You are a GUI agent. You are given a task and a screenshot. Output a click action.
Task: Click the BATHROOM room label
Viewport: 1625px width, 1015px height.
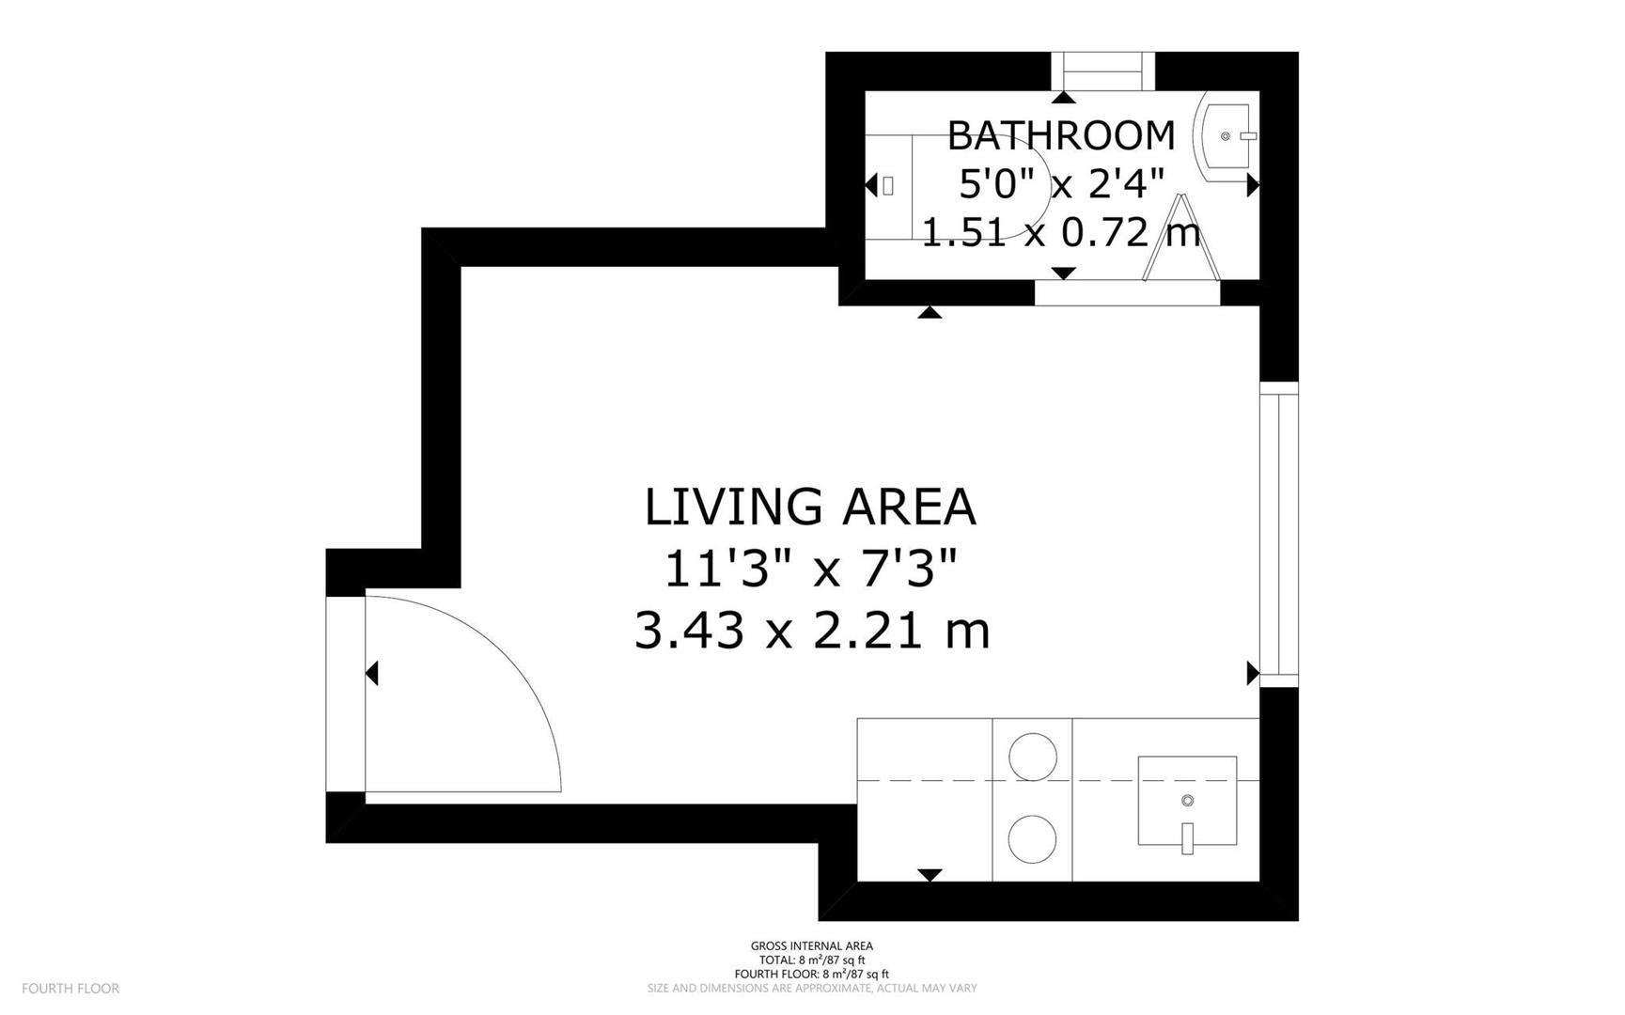(x=1061, y=135)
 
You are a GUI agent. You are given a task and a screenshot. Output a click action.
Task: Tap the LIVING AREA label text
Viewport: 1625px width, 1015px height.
(x=810, y=507)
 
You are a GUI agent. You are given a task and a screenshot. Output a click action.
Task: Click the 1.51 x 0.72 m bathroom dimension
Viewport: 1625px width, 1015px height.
(x=1061, y=232)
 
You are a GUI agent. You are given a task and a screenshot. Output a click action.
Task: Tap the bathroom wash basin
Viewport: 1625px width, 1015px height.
(x=1226, y=137)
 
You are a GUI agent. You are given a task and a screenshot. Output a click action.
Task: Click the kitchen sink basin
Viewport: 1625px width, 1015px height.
(x=1187, y=801)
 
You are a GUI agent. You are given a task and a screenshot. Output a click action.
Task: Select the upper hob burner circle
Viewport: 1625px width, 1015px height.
(x=1032, y=757)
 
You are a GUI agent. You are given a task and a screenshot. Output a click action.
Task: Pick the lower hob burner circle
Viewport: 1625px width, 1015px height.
(x=1032, y=838)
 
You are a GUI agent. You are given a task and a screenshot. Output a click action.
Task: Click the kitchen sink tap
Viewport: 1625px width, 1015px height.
(x=1188, y=838)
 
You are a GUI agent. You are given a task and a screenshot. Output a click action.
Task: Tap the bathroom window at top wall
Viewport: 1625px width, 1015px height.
(x=1102, y=71)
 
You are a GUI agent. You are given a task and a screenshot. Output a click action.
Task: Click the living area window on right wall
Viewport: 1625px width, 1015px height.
(x=1278, y=534)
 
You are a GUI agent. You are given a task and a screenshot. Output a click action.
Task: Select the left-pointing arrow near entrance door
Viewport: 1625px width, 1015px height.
(x=371, y=673)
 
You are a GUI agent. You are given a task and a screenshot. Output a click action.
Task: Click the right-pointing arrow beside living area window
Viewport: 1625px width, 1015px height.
(x=1253, y=673)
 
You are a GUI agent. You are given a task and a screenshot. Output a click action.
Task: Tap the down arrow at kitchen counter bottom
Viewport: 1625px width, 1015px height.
(x=930, y=875)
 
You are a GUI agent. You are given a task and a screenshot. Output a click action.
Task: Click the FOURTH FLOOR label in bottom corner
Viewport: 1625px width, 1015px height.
(x=70, y=989)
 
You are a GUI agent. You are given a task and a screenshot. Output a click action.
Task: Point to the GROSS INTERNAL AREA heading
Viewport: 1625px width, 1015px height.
(x=812, y=946)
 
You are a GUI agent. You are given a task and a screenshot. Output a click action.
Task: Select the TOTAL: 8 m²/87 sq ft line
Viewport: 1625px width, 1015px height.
(x=812, y=960)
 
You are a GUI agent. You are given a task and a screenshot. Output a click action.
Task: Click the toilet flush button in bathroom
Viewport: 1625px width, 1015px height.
(x=888, y=186)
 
